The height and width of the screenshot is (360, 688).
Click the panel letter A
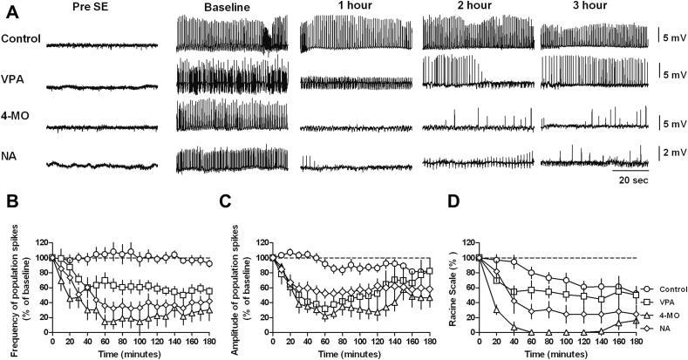(x=10, y=11)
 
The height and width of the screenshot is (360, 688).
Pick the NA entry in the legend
(x=653, y=323)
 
